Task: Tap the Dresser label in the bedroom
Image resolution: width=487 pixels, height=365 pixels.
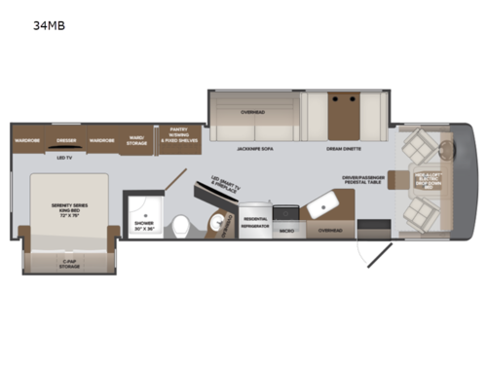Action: click(65, 140)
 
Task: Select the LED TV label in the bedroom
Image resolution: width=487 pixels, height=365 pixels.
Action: click(66, 158)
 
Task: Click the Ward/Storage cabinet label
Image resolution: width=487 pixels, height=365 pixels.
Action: click(137, 140)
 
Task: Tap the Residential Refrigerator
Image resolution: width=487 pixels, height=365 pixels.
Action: click(254, 223)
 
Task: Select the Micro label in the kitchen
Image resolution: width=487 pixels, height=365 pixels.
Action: click(287, 232)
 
